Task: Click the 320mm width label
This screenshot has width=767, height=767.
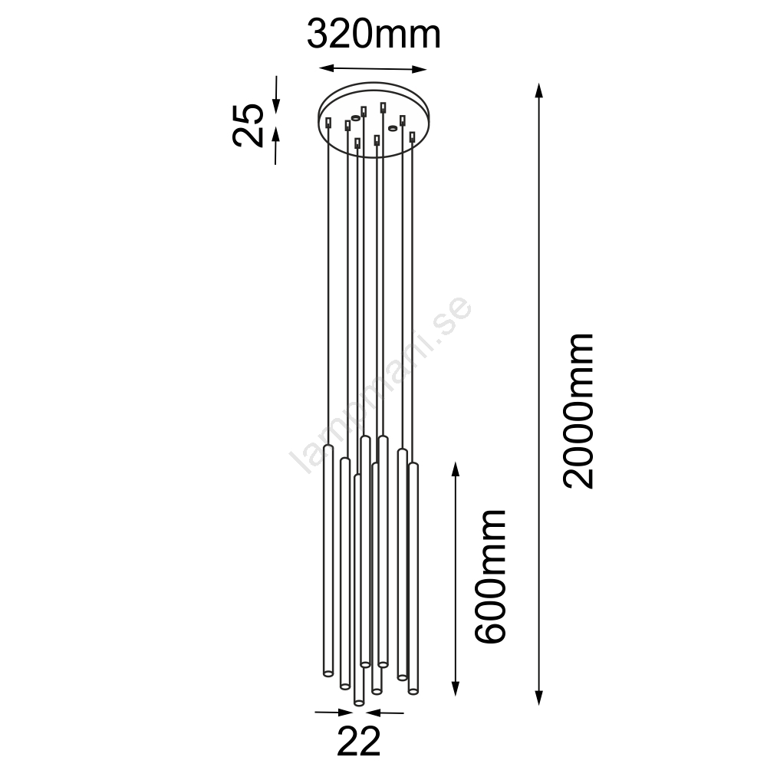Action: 374,35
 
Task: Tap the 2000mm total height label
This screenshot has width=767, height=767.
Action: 578,411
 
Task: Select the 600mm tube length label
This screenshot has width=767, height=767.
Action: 489,576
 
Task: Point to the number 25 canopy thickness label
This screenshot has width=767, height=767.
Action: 248,125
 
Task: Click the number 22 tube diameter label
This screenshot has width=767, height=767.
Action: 358,741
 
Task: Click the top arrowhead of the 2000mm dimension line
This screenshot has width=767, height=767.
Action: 538,91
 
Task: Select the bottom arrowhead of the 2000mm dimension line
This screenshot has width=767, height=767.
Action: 538,696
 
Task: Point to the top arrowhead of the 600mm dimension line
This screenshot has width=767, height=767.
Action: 456,470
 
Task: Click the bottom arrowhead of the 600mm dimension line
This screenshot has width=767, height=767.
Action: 456,686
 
